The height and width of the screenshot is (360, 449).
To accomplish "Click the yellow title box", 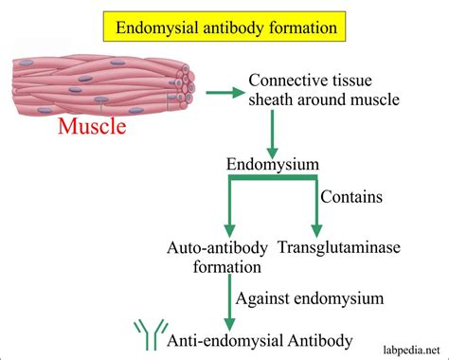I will click(x=224, y=27).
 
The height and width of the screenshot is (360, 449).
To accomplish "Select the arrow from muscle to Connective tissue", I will click(x=226, y=92).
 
